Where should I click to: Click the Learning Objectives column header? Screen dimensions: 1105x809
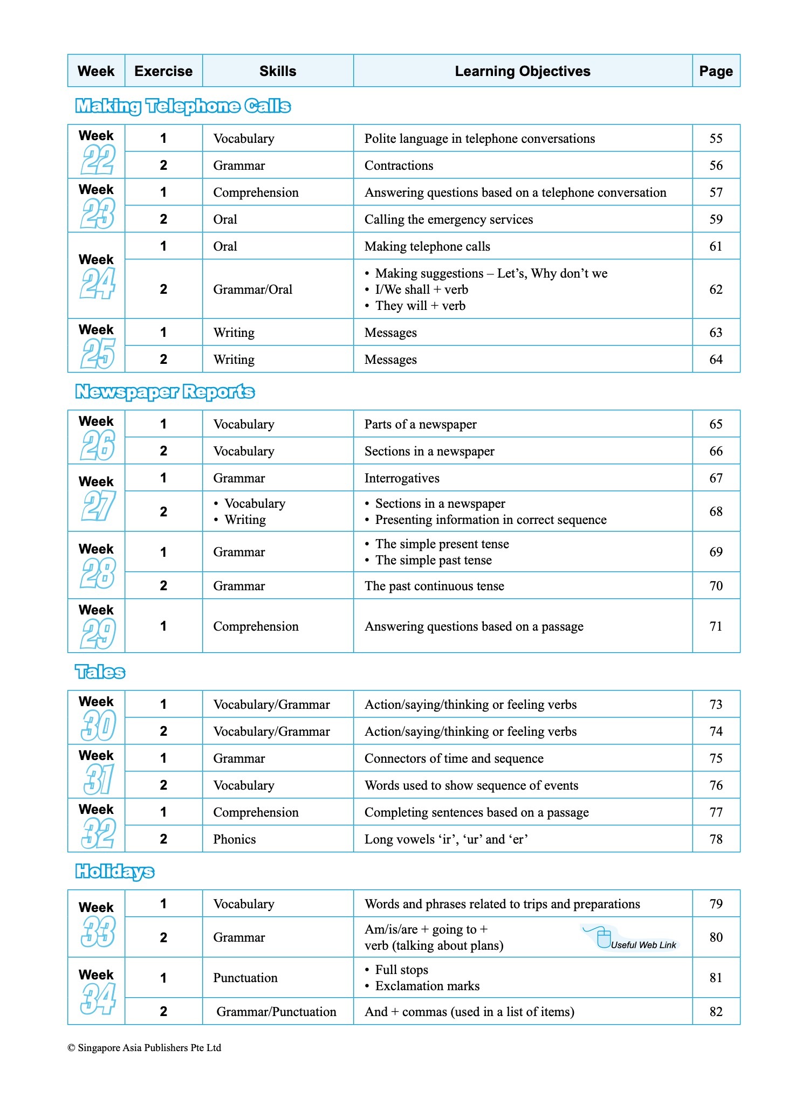pos(522,71)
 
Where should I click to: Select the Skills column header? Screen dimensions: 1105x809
pos(278,71)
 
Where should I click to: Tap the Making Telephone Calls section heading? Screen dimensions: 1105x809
pos(183,106)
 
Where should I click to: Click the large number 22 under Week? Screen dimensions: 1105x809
pos(98,160)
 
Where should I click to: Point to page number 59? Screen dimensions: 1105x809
pos(716,219)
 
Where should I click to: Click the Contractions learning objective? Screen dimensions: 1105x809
pos(399,165)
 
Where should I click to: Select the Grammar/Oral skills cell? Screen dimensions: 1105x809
pos(252,289)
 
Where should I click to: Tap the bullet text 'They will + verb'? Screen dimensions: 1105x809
pos(420,306)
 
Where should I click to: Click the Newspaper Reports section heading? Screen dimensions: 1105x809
pos(164,392)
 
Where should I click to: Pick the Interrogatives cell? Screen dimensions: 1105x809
pos(402,478)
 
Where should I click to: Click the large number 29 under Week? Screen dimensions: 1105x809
pos(98,634)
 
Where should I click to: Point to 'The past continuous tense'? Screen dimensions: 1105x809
pos(434,586)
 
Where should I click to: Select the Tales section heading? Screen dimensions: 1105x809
pos(100,672)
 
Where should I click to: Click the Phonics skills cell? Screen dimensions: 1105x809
pos(234,839)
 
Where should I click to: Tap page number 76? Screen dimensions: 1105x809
pos(716,785)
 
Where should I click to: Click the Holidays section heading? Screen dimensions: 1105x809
pos(114,872)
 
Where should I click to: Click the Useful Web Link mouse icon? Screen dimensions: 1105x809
pos(603,938)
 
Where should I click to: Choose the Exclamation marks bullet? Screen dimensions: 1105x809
pos(427,986)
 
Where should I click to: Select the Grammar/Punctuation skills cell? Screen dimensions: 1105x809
pos(276,1012)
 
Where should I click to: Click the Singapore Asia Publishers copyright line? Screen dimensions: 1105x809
pos(144,1048)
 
